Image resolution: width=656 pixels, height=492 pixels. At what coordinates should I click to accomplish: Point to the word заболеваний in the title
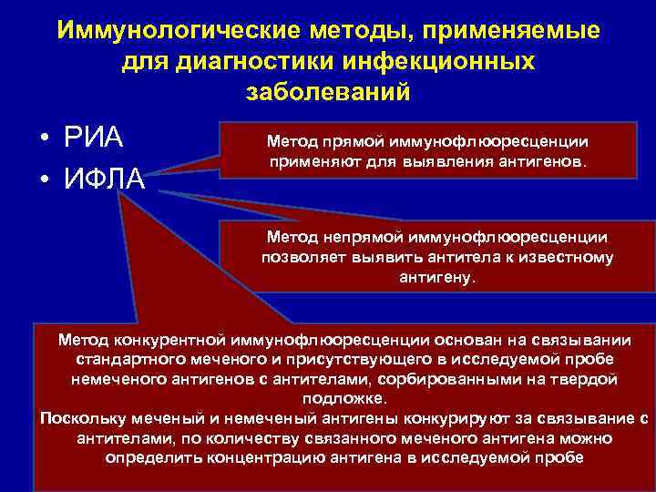tap(328, 93)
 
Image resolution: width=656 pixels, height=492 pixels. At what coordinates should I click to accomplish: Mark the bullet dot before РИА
tap(44, 142)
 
